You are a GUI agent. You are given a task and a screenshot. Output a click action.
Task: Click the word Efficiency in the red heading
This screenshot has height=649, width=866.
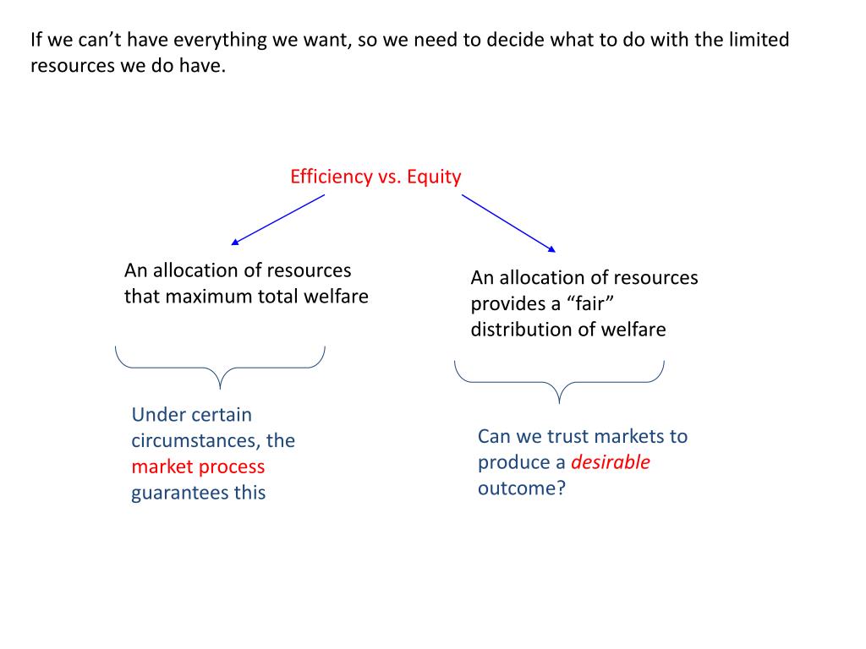(331, 177)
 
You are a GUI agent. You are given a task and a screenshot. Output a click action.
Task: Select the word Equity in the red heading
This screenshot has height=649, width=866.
(434, 177)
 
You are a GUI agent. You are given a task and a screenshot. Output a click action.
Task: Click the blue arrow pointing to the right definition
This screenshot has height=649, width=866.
(508, 223)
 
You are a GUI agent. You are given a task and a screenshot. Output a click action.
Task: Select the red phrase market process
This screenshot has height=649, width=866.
(198, 466)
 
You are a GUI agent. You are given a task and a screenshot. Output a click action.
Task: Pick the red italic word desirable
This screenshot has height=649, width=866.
(611, 462)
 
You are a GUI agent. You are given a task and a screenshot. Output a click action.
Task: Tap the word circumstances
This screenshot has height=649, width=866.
(196, 440)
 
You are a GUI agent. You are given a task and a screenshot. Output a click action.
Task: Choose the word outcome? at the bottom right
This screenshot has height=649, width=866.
(521, 488)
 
